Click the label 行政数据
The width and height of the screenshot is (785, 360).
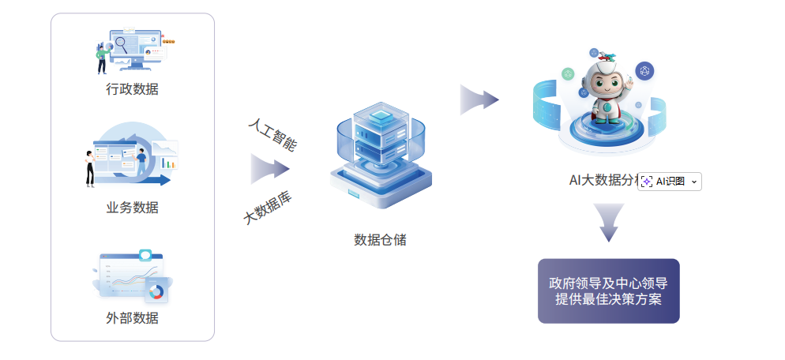point(133,89)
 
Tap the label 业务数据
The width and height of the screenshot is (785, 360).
point(133,208)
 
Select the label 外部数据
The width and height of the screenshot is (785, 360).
point(133,318)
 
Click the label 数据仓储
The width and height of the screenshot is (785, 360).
point(380,239)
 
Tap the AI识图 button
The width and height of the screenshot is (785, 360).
point(669,182)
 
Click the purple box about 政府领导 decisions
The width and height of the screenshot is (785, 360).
point(608,291)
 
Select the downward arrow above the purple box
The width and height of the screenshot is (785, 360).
point(608,221)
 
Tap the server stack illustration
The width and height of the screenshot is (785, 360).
point(381,154)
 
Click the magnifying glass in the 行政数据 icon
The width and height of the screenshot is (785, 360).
point(122,43)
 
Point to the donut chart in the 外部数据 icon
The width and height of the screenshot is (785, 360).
point(156,292)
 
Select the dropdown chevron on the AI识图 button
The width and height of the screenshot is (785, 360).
point(694,182)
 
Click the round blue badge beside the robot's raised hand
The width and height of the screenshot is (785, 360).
point(645,71)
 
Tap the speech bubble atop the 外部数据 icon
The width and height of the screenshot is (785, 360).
point(145,255)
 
